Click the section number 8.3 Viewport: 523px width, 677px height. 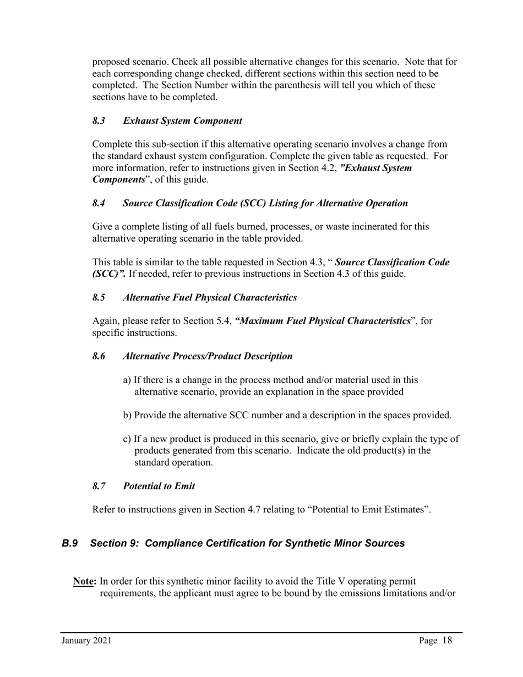click(99, 121)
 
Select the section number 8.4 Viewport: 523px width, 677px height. click(99, 203)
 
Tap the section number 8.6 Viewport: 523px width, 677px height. click(99, 356)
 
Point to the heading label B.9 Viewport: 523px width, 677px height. click(69, 543)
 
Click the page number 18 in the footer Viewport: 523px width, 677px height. click(447, 640)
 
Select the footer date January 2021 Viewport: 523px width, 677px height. click(86, 641)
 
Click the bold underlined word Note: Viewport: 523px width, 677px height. click(85, 582)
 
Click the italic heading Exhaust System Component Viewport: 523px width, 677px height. click(182, 121)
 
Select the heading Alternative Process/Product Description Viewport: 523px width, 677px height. click(208, 356)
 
